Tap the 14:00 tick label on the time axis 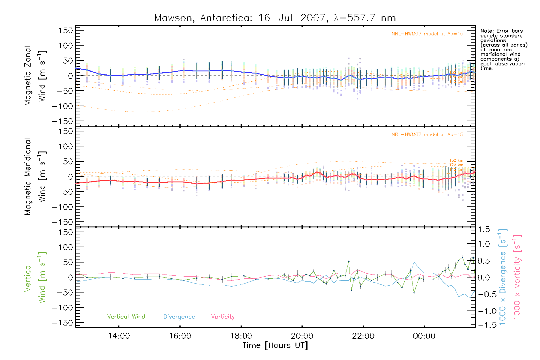pos(119,336)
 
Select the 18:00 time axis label pos(241,336)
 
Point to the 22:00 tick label pos(363,336)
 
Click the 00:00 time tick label pos(424,336)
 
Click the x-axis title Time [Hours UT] pos(275,345)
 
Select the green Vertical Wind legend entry pos(126,317)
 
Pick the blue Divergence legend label pos(179,317)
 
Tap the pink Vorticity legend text pos(223,317)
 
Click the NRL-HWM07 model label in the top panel pos(427,34)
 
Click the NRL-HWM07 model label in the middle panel pos(427,135)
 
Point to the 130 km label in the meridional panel pos(456,161)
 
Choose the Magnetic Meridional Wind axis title pos(35,177)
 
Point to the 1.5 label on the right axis pos(484,229)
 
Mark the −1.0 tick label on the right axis pos(484,311)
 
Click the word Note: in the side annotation pos(487,31)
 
